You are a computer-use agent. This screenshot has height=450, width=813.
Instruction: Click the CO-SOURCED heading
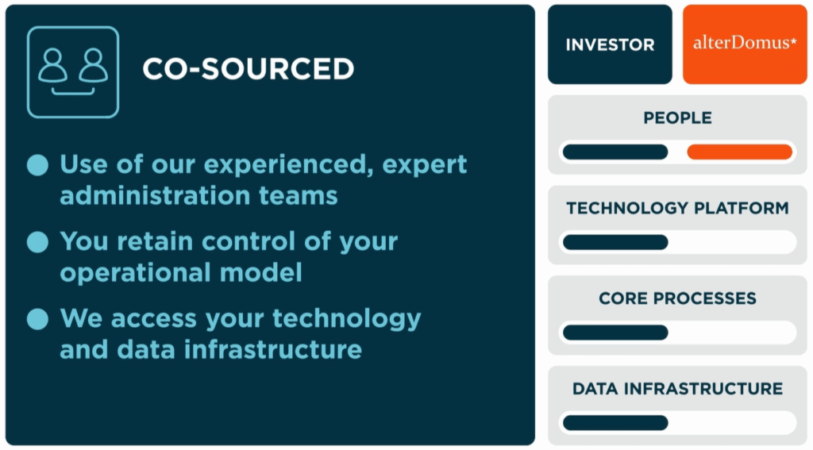[x=249, y=69]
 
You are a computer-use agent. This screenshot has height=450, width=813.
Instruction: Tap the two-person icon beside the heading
[x=73, y=72]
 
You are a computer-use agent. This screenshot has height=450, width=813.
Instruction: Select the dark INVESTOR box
[x=610, y=44]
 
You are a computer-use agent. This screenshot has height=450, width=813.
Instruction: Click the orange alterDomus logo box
[x=745, y=44]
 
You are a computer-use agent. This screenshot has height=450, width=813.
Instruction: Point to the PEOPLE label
[x=677, y=118]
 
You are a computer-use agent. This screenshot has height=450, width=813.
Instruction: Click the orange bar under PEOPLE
[x=739, y=152]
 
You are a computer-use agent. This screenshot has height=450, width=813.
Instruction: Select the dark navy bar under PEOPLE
[x=615, y=152]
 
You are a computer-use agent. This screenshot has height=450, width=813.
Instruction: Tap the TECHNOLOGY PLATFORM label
[x=677, y=209]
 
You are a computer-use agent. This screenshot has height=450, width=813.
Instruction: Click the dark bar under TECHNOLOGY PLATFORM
[x=615, y=242]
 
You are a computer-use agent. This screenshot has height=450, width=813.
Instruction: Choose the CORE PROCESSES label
[x=677, y=298]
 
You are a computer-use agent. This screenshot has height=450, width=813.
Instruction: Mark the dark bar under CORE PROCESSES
[x=615, y=333]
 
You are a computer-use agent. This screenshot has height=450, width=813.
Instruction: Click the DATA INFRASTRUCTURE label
[x=677, y=389]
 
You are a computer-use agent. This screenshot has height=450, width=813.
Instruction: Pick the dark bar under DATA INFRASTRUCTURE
[x=615, y=422]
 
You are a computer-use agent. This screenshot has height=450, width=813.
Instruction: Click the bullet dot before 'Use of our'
[x=37, y=165]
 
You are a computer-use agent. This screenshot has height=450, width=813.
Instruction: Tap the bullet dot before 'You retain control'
[x=37, y=242]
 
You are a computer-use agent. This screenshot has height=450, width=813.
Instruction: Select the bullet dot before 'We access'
[x=37, y=319]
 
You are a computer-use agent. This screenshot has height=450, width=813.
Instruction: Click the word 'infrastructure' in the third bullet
[x=273, y=349]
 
